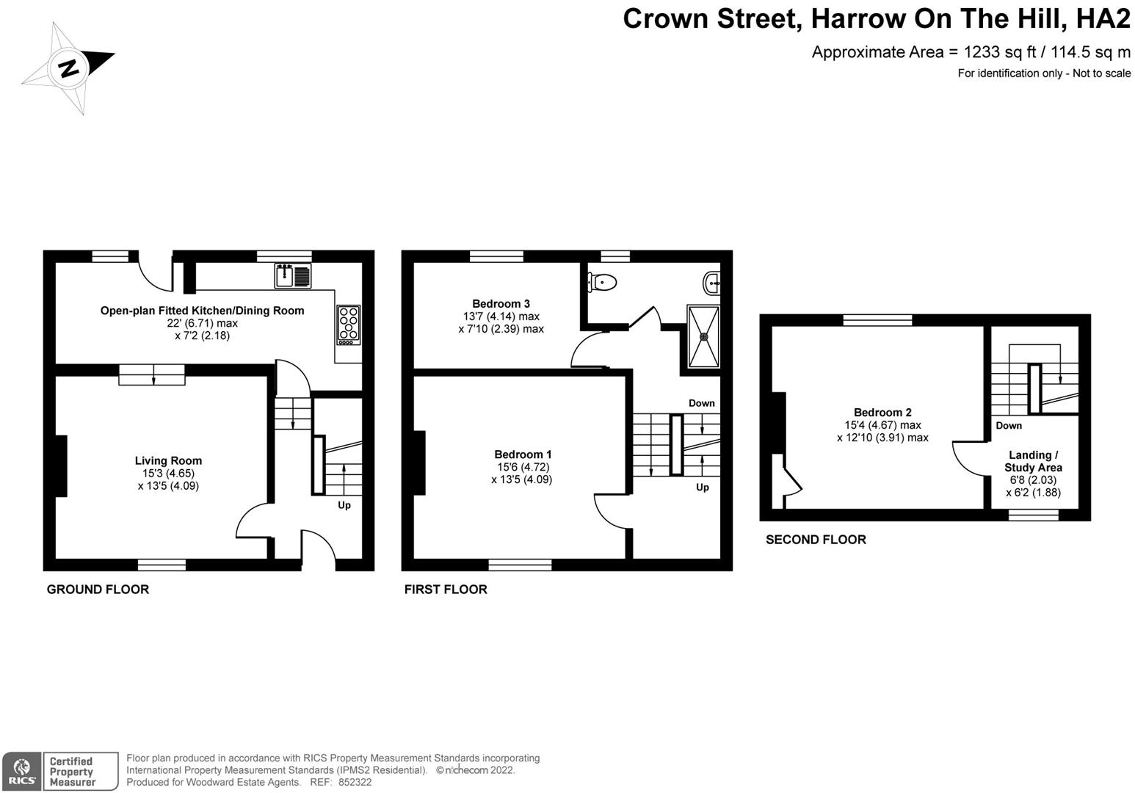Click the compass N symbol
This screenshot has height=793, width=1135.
68,68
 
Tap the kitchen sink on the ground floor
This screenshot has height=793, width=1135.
292,275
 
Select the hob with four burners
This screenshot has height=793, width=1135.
349,325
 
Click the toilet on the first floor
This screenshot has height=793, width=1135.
601,282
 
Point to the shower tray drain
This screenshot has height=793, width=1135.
704,336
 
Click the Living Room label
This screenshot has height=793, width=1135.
168,460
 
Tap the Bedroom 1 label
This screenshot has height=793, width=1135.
523,455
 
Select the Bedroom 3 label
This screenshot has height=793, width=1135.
501,303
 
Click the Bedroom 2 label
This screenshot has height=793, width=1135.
882,413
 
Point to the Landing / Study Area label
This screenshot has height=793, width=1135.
1033,461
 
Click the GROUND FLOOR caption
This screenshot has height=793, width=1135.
98,590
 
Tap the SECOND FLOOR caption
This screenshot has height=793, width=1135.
816,540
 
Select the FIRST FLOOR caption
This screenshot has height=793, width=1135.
446,590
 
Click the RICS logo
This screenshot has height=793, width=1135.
22,772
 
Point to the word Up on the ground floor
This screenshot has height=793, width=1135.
344,505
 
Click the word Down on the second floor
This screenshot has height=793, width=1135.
1009,426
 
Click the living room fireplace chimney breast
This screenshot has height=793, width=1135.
60,466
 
